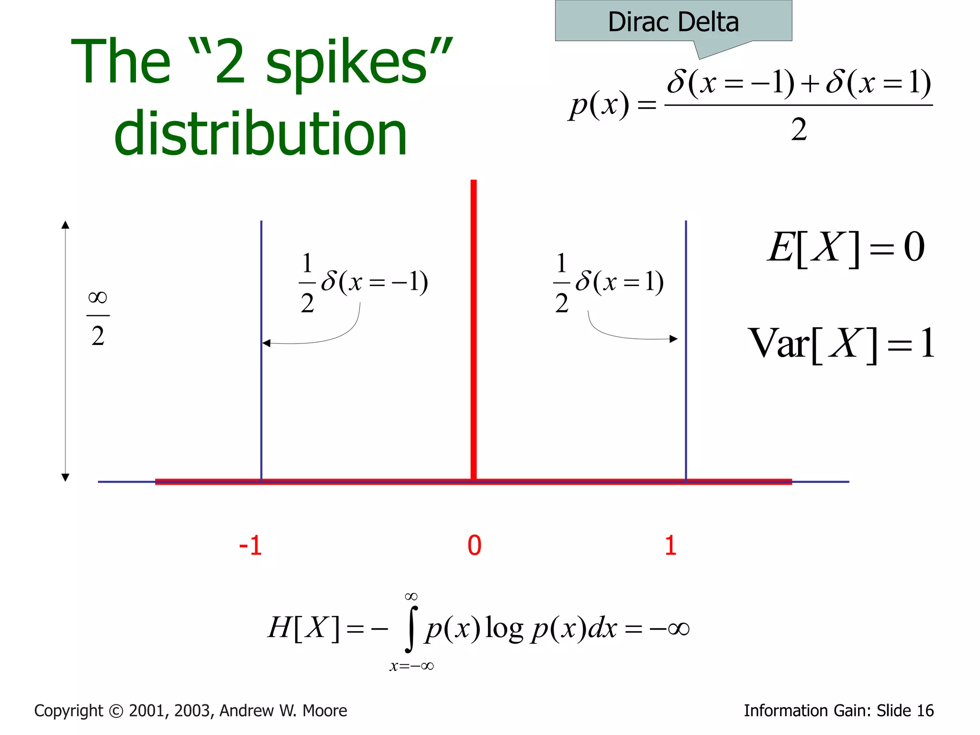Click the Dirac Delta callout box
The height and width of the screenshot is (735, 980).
coord(673,22)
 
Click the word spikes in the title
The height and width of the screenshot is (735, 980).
coord(346,62)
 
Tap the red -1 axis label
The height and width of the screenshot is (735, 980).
coord(251,546)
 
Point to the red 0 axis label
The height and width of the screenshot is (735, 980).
coord(474,546)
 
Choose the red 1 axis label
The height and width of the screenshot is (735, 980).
coord(670,546)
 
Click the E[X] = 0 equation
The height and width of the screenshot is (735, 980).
coord(846,247)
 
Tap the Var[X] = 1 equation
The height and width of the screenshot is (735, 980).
coord(841,344)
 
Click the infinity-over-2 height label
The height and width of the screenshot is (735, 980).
coord(98,317)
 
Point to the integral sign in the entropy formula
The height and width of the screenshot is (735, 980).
coord(411,629)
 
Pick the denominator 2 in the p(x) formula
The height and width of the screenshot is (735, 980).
coord(799,129)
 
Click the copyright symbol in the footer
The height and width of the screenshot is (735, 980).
coord(116,711)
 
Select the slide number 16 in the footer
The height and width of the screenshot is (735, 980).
coord(924,711)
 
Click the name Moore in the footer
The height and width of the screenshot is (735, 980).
coord(325,711)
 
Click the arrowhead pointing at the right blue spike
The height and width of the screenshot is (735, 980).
coord(673,339)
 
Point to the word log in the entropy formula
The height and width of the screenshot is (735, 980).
coord(504,628)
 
